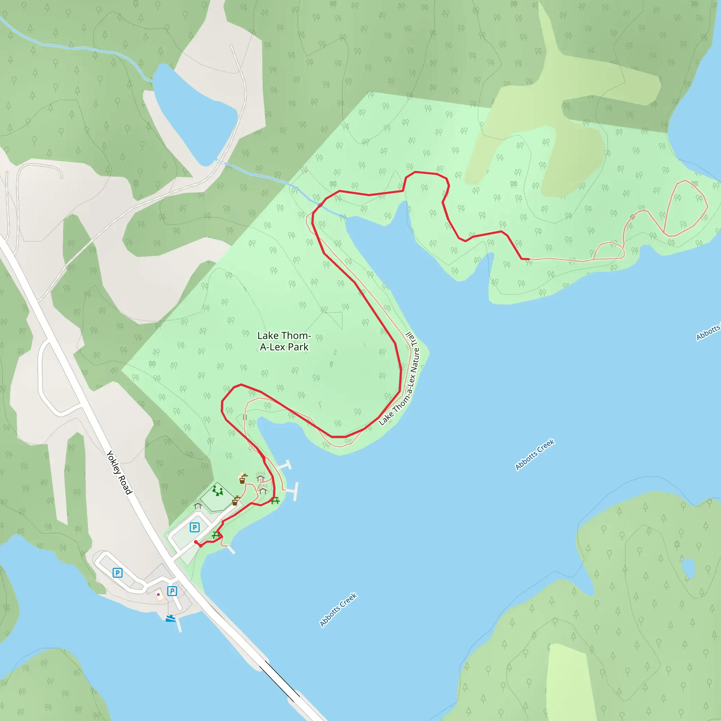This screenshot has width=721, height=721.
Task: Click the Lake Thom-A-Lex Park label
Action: (x=284, y=341)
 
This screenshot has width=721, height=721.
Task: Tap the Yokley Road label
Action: (x=119, y=472)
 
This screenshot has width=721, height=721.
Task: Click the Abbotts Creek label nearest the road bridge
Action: (x=338, y=609)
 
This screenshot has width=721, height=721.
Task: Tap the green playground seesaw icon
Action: (x=218, y=490)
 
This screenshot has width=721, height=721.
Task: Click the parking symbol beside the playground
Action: (x=194, y=527)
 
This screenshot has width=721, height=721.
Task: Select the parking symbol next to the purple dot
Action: (x=172, y=591)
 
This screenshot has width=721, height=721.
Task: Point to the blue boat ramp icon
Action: (x=170, y=618)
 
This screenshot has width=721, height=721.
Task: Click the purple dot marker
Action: (x=159, y=595)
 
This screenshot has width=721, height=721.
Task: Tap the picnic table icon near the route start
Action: (x=216, y=535)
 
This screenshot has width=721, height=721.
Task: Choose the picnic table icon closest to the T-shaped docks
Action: (x=275, y=501)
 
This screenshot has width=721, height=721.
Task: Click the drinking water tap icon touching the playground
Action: (x=235, y=501)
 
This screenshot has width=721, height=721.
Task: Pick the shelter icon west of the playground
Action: (x=198, y=506)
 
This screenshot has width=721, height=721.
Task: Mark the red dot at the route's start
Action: (x=196, y=542)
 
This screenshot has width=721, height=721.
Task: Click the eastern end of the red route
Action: (x=528, y=259)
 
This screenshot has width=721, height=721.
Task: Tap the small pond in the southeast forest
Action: (x=688, y=568)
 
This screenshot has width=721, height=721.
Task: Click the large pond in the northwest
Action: (x=194, y=114)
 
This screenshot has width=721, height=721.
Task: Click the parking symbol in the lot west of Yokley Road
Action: (x=118, y=572)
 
